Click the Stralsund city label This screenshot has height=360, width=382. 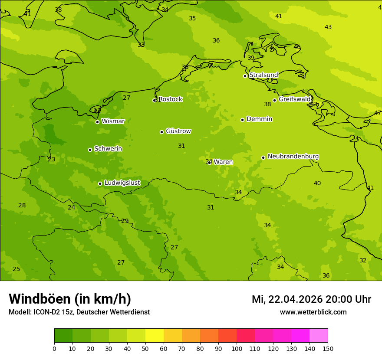(x=263, y=75)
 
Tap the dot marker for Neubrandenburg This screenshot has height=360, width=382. (x=263, y=157)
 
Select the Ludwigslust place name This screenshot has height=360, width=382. (x=122, y=183)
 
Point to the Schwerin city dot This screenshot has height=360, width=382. (x=90, y=150)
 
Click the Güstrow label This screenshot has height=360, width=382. (x=178, y=131)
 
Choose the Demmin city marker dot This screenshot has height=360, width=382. (x=242, y=120)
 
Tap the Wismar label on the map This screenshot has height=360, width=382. (x=113, y=121)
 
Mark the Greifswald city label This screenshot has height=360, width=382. (x=294, y=99)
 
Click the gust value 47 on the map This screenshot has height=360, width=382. (x=377, y=113)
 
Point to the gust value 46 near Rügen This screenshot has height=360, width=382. (x=297, y=47)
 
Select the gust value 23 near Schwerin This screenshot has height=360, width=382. (x=51, y=159)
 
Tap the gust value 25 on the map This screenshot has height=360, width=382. (x=16, y=269)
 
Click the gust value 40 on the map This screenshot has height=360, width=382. (x=317, y=183)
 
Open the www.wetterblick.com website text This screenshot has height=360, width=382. (x=313, y=312)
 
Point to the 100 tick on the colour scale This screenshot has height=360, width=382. (x=237, y=348)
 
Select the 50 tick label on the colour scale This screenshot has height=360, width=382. (x=145, y=348)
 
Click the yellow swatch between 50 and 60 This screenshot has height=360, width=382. (x=155, y=336)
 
